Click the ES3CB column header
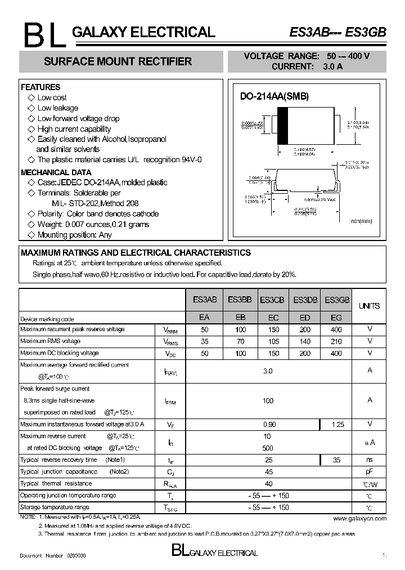(x=272, y=301)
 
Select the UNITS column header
(x=369, y=306)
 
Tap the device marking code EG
(x=336, y=318)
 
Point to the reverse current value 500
(x=268, y=448)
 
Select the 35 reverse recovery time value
(x=336, y=460)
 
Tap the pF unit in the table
(x=370, y=472)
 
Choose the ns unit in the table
(x=370, y=460)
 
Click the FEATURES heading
(x=40, y=87)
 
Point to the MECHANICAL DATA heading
(x=56, y=172)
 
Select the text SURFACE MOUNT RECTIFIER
(x=118, y=61)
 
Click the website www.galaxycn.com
(x=359, y=518)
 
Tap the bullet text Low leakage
(x=57, y=108)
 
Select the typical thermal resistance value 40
(x=268, y=484)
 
